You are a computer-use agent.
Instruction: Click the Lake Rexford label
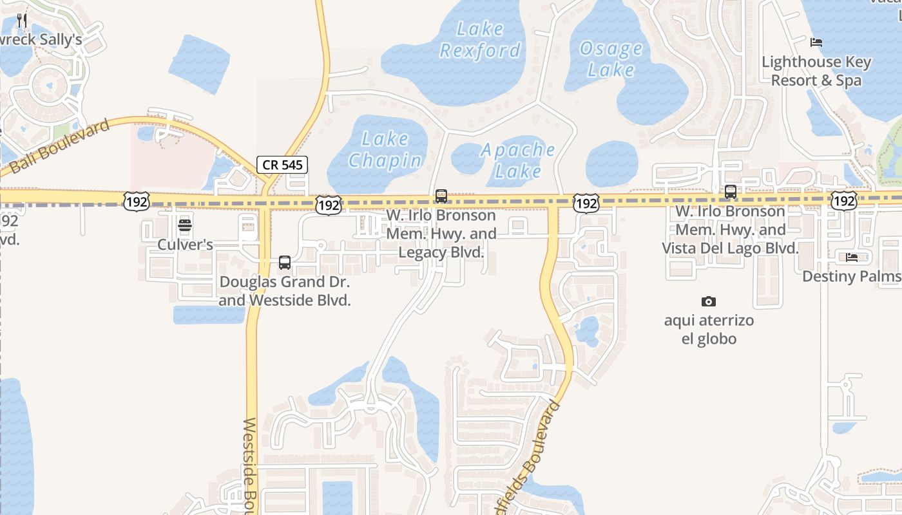coord(480,40)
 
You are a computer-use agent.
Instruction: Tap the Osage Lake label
coord(610,59)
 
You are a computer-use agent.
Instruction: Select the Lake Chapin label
coord(385,149)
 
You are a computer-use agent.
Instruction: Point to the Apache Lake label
coord(518,160)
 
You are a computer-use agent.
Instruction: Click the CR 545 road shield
coord(282,165)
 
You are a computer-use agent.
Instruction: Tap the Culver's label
coord(185,245)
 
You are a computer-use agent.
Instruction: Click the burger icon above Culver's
coord(185,225)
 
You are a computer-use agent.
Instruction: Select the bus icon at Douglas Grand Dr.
coord(285,263)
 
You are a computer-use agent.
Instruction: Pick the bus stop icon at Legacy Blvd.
coord(441,196)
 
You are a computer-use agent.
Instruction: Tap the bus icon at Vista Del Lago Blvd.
coord(730,192)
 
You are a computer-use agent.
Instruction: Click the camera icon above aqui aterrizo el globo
coord(708,301)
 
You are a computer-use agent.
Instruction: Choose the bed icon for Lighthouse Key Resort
coord(816,43)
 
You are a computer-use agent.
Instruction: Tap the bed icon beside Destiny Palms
coord(852,258)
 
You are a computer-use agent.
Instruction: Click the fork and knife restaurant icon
coord(22,20)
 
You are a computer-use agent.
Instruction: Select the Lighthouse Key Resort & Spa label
coord(816,71)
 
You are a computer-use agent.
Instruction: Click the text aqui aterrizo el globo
coord(709,329)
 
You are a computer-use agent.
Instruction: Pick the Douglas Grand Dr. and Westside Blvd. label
coord(285,291)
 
